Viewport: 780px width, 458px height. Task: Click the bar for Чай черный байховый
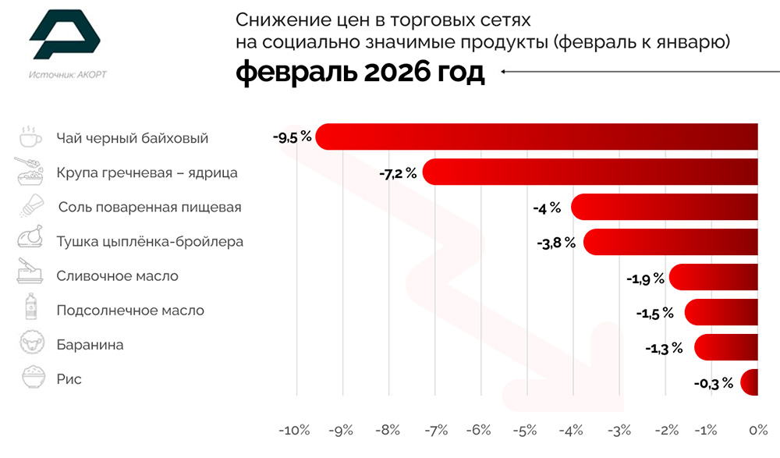(538, 137)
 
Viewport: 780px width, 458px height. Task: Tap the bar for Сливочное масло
(714, 277)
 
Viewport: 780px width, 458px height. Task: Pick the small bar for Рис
(750, 382)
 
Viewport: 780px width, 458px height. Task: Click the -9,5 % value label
(292, 137)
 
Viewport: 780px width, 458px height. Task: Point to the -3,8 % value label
(556, 243)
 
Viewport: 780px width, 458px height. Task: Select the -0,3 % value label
(713, 383)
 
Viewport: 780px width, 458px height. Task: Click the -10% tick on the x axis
(295, 430)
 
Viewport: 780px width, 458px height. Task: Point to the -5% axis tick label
(527, 430)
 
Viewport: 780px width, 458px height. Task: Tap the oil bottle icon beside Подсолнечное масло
(30, 310)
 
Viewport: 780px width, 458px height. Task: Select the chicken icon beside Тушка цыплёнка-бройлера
(30, 240)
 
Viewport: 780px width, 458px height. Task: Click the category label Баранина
(90, 344)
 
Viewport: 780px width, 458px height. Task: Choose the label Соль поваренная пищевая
(150, 207)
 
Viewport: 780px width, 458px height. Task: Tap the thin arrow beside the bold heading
(632, 73)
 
